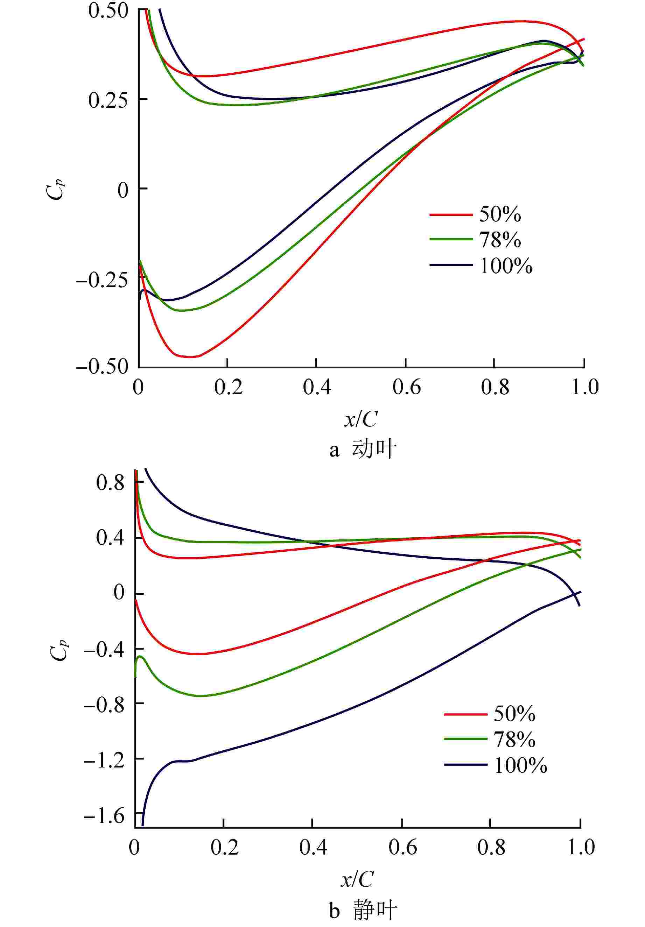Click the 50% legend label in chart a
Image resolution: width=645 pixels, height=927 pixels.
[500, 214]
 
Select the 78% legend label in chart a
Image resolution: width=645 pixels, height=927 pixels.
[500, 240]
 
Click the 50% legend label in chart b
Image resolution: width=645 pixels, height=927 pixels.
[514, 714]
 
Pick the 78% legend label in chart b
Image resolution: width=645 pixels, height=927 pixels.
[514, 740]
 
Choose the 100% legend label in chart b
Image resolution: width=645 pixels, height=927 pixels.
[520, 765]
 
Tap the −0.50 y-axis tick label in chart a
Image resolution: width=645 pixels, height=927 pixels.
[102, 367]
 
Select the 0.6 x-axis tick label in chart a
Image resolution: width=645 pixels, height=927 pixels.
[406, 388]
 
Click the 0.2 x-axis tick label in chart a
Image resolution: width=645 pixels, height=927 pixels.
[228, 388]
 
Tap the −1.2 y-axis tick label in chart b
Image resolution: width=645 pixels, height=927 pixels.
[104, 758]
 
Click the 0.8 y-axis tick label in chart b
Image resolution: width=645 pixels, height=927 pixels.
[110, 483]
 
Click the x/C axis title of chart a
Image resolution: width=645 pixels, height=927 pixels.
[360, 420]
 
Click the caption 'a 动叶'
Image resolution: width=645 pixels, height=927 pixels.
[362, 450]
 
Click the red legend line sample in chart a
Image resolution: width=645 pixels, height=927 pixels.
[450, 214]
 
